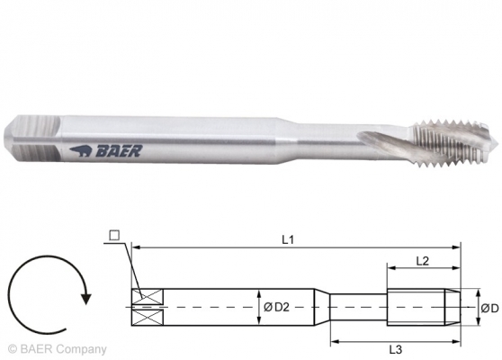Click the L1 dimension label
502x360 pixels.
tap(288, 239)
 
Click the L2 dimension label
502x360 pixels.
tap(422, 261)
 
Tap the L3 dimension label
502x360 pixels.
tap(395, 349)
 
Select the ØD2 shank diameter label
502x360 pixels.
tap(276, 308)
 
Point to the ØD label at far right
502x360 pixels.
tap(489, 309)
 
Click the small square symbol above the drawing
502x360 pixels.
tap(114, 236)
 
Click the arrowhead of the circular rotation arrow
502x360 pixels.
tap(85, 298)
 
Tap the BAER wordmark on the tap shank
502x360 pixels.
tap(119, 151)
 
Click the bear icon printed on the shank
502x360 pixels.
tap(81, 151)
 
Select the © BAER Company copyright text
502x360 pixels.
tap(57, 349)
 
